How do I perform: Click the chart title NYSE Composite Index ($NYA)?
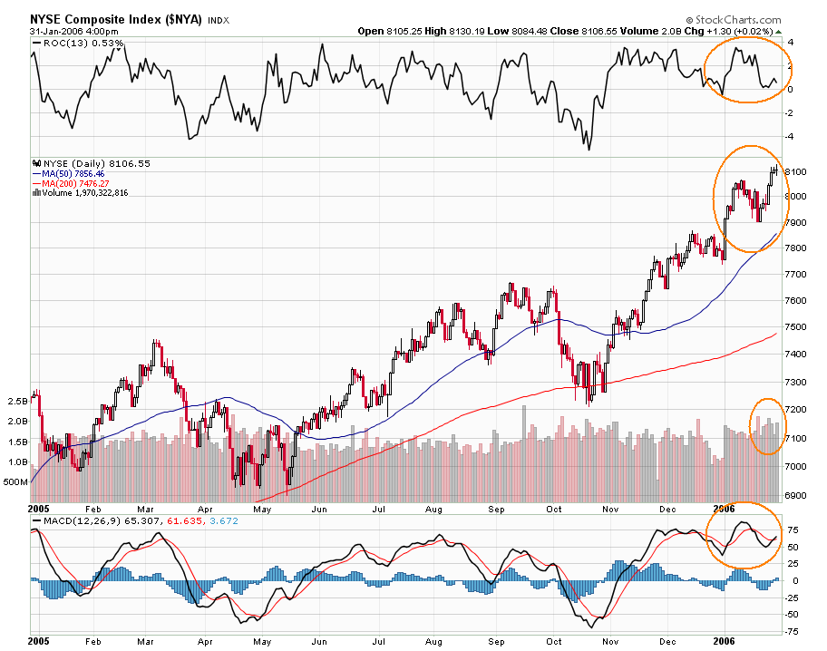116,18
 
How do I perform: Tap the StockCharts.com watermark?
746,18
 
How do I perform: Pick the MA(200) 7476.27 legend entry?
82,182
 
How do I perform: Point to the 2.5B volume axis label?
16,400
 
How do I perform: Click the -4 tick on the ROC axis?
792,137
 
